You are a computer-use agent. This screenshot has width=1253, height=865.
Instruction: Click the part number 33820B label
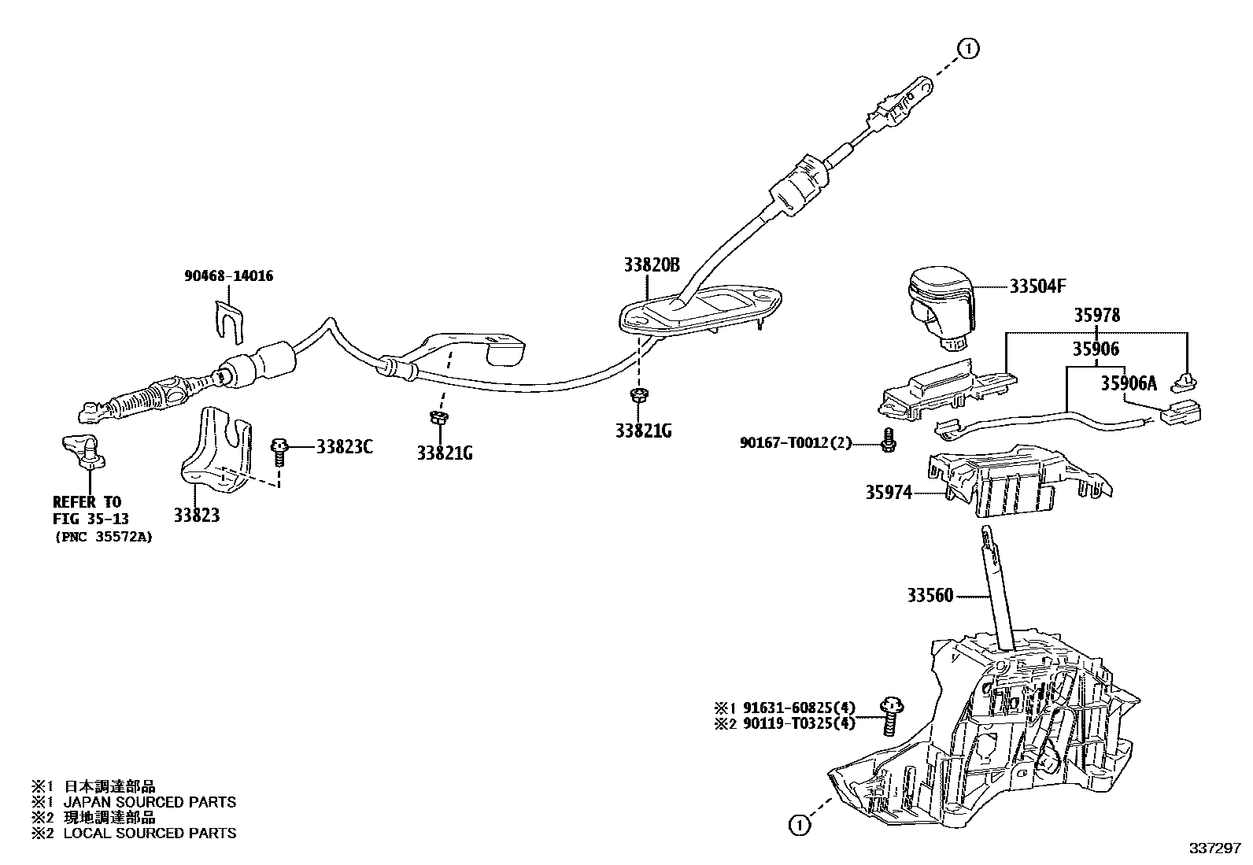tap(651, 265)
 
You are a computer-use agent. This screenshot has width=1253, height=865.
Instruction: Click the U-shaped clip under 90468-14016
tap(229, 320)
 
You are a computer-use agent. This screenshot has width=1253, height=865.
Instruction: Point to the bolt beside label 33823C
tap(279, 450)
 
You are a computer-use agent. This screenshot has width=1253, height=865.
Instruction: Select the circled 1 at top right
tap(968, 48)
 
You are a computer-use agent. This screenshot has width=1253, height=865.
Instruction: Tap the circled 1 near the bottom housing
tap(798, 825)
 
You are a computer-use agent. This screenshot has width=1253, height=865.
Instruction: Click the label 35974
tap(889, 493)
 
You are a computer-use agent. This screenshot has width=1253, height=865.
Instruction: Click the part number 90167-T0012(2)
tap(796, 443)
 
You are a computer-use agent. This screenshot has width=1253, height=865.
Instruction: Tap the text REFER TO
tap(87, 502)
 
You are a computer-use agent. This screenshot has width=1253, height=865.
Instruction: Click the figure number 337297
tap(1214, 851)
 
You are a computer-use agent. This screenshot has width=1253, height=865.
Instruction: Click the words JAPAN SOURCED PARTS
tap(150, 802)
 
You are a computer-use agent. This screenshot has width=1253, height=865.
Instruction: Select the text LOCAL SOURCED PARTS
tap(150, 833)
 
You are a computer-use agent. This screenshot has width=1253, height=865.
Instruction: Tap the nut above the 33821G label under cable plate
tap(639, 394)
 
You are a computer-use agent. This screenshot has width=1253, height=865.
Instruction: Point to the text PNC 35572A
tap(103, 537)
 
